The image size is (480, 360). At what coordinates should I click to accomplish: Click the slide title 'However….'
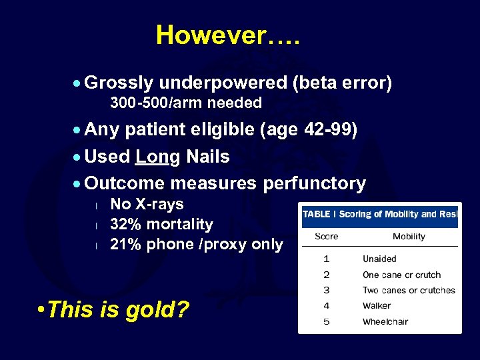tap(228, 35)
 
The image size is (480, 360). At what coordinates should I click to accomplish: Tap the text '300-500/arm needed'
tap(185, 103)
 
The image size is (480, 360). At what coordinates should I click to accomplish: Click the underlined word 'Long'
tap(157, 157)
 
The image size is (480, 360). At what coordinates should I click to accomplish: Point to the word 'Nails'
tap(207, 157)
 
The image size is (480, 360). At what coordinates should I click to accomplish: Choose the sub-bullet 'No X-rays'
tap(147, 204)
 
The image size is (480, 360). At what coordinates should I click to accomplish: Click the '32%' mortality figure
tap(125, 224)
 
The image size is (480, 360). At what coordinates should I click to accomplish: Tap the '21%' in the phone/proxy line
tap(125, 245)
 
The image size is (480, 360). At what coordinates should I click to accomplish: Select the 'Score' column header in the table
tap(326, 236)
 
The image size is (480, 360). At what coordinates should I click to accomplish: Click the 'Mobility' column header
tap(409, 236)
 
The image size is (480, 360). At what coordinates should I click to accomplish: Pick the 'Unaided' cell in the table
tap(379, 259)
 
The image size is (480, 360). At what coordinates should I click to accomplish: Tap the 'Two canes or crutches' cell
tap(409, 290)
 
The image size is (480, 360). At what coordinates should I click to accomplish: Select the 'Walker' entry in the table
tap(377, 306)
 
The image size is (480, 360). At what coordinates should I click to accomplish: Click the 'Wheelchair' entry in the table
tap(385, 321)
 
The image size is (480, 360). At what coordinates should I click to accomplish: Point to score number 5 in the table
tap(326, 321)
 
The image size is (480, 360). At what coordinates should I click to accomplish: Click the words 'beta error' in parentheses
tap(341, 83)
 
